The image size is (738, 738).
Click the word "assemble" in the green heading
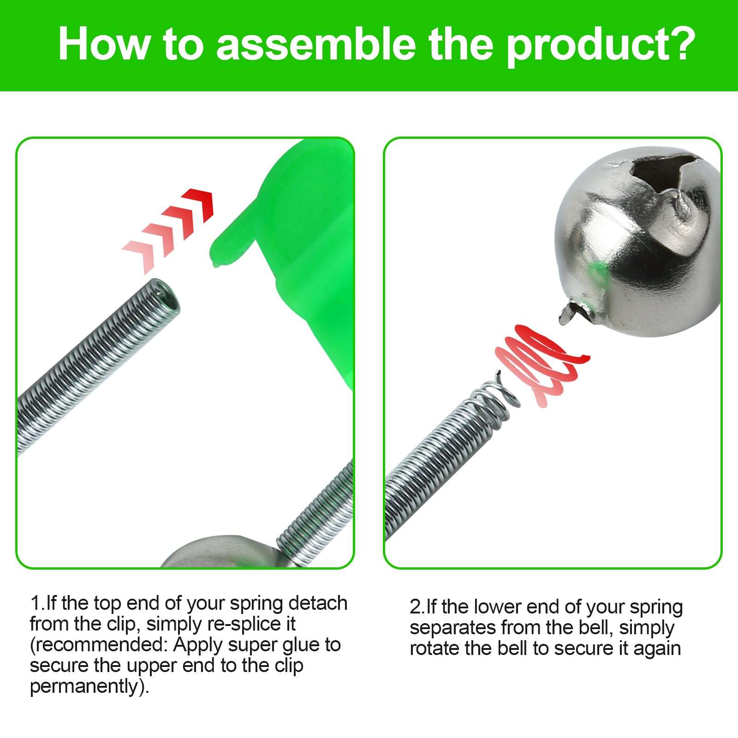[x=315, y=44]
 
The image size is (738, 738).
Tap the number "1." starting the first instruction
[x=38, y=603]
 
